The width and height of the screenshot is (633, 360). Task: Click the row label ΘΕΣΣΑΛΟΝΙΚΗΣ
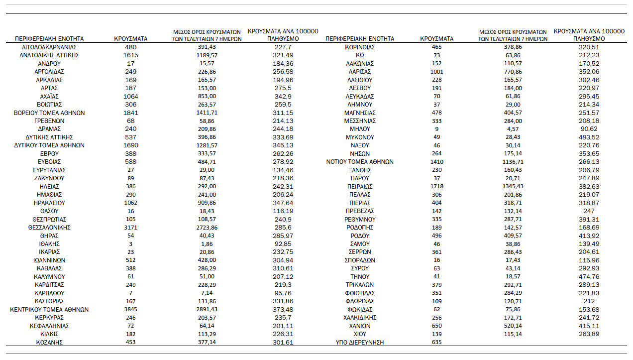pos(49,228)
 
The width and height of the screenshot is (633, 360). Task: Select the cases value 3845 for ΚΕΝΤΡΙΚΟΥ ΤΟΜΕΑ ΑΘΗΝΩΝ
pos(130,310)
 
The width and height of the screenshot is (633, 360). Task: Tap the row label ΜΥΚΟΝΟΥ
pos(359,137)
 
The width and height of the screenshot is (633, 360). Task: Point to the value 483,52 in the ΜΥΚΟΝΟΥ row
pos(589,137)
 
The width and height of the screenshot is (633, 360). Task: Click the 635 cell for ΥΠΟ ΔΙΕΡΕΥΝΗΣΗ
pos(436,343)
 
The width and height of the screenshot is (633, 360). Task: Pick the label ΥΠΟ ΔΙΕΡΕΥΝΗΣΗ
pos(359,343)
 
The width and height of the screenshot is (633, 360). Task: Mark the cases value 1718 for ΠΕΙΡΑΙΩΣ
pos(436,186)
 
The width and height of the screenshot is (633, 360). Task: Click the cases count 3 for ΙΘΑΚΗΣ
pos(130,244)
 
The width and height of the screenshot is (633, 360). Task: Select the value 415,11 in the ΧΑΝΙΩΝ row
pos(589,326)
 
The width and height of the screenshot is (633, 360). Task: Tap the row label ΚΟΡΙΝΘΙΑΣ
pos(359,47)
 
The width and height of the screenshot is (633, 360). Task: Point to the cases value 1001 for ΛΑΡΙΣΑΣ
pos(436,72)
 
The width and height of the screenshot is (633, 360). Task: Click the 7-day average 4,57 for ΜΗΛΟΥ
pos(513,129)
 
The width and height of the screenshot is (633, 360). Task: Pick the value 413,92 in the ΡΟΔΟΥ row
pos(589,236)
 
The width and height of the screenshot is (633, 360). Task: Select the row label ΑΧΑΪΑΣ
pos(49,96)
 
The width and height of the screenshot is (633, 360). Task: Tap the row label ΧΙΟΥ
pos(359,334)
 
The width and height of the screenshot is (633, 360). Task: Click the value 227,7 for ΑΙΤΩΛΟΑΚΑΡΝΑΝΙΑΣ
pos(283,47)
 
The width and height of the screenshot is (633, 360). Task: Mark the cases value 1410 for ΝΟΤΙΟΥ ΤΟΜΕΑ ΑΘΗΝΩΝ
pos(436,162)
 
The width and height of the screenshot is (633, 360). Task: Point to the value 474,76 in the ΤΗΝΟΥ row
pos(589,277)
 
